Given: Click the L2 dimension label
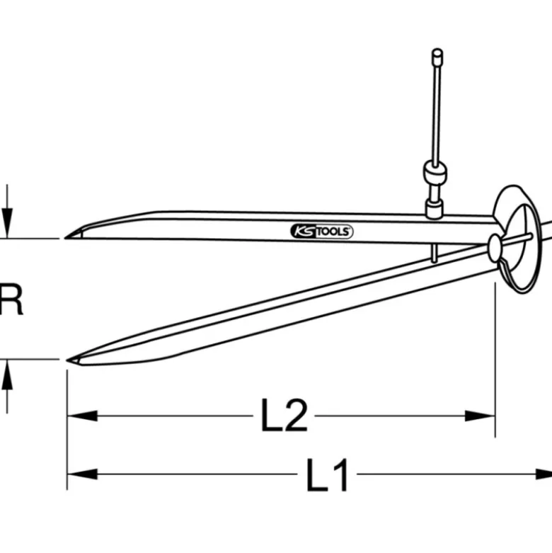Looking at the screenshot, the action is point(284,416).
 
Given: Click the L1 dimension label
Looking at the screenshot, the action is point(328,474).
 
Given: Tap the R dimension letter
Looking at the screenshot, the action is point(11,300).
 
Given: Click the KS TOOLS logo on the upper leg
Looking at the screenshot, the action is point(321,232).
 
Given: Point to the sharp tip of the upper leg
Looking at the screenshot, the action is point(66,238).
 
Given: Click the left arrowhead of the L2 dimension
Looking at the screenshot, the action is point(82,416).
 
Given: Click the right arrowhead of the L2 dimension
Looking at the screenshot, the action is point(480,416).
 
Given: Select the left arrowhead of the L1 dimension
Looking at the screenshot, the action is point(82,474).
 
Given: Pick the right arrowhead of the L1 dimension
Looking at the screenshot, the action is point(544,474).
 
